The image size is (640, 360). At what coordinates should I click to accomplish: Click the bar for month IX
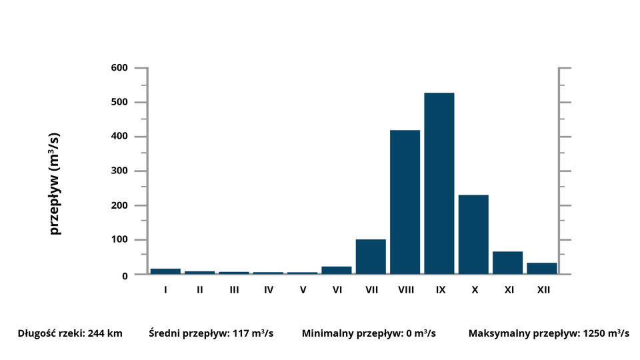[x=439, y=183]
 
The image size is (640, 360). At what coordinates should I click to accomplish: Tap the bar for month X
[x=473, y=234]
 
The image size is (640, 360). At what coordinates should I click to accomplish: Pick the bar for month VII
[x=371, y=257]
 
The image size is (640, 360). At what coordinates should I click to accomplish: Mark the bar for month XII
[x=541, y=268]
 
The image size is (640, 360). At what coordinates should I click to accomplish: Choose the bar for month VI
[x=336, y=270]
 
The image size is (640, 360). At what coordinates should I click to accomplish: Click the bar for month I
[x=165, y=271]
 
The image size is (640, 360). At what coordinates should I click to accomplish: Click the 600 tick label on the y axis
[x=120, y=68]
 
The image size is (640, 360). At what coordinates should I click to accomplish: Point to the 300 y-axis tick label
[x=120, y=171]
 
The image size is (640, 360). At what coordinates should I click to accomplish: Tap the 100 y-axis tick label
[x=120, y=240]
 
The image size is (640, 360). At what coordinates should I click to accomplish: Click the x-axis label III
[x=234, y=290]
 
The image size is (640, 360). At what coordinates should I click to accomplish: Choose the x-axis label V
[x=303, y=290]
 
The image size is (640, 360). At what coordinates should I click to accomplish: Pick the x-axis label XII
[x=543, y=290]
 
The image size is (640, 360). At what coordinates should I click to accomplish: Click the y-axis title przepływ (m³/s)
[x=55, y=183]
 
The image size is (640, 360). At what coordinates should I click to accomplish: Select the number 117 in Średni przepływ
[x=241, y=333]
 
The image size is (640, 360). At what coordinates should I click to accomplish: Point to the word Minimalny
[x=325, y=333]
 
